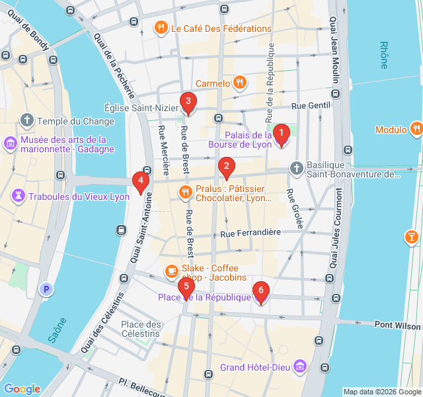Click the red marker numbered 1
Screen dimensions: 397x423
click(282, 134)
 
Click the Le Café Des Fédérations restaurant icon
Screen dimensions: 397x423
click(160, 28)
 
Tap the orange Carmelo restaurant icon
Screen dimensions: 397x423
click(240, 83)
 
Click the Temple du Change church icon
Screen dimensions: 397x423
click(27, 121)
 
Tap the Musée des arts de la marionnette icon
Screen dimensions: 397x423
click(11, 144)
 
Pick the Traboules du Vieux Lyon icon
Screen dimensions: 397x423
click(19, 197)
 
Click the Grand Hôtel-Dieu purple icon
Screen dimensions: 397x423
click(301, 367)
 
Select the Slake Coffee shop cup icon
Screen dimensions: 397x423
click(171, 271)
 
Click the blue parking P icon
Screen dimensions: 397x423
click(46, 289)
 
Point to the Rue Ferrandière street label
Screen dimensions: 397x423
click(250, 233)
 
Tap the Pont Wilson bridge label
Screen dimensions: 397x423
click(397, 325)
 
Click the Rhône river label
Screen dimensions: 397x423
click(384, 55)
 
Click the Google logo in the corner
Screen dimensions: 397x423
click(22, 388)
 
